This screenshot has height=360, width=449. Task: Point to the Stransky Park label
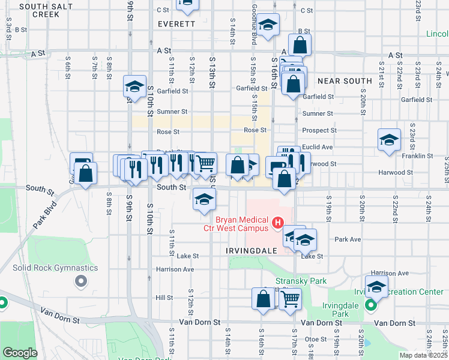292,280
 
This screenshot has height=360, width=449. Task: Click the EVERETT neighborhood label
176,24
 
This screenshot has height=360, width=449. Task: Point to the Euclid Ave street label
318,146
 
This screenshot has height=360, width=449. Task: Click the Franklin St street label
418,155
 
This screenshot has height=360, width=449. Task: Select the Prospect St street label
320,130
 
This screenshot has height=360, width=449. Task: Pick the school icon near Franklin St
389,139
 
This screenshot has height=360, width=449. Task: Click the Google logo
20,353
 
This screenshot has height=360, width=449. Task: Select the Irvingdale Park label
340,314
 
